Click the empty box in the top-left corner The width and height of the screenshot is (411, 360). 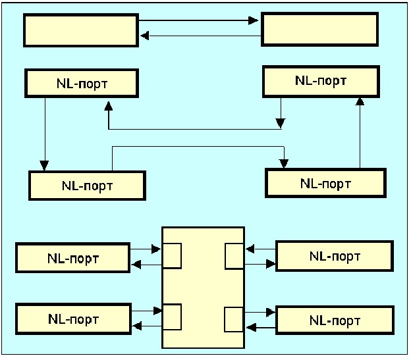80,30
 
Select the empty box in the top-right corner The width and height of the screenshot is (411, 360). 319,30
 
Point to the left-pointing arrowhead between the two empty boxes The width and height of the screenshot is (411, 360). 143,36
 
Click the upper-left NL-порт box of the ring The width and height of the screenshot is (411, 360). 82,84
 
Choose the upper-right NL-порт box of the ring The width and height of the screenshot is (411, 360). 321,82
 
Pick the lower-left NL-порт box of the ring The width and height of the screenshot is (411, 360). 87,185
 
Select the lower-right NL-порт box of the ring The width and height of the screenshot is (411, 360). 325,183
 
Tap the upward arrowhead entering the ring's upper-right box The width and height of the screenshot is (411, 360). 360,101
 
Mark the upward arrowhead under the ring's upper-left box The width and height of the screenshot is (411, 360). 107,105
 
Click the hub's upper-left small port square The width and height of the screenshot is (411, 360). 172,256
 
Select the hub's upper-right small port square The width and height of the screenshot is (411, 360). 234,256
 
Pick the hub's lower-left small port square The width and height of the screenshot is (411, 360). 172,317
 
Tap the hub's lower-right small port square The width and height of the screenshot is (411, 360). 234,319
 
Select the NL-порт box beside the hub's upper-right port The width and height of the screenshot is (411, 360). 334,255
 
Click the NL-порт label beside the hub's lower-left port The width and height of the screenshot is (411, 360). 73,319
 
